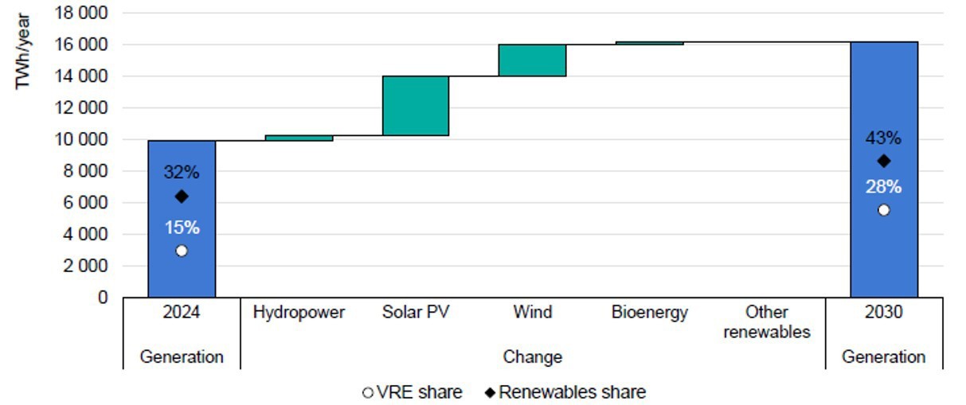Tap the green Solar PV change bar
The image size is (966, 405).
(x=415, y=106)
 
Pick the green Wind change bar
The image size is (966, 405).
(x=532, y=60)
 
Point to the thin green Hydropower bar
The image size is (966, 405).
(x=299, y=138)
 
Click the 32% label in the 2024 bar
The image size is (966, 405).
(x=182, y=173)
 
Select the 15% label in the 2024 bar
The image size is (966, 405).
(x=182, y=228)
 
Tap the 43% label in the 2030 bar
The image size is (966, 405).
(x=883, y=138)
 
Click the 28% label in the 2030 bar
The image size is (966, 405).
(x=883, y=187)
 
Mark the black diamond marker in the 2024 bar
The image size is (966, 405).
(x=182, y=196)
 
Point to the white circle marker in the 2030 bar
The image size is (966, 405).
(x=883, y=210)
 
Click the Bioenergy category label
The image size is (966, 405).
(x=649, y=312)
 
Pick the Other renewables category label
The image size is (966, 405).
(x=766, y=322)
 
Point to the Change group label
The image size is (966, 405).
(x=532, y=357)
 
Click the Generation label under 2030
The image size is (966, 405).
(x=883, y=357)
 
